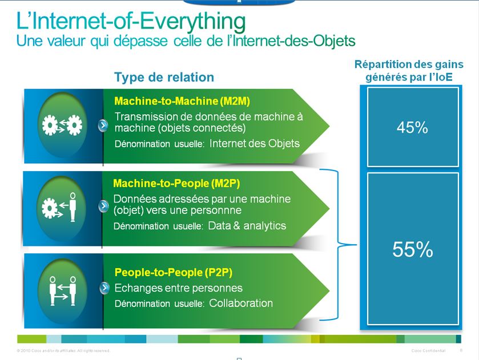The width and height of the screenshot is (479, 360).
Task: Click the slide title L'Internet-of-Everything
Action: [x=131, y=22]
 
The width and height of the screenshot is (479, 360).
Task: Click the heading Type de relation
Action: [x=164, y=77]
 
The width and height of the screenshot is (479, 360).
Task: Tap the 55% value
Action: [x=412, y=249]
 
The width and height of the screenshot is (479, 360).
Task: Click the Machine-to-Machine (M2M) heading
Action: [x=182, y=102]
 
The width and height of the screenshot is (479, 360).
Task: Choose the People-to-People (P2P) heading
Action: [x=173, y=272]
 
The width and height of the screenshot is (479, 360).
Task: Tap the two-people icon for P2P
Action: [x=63, y=289]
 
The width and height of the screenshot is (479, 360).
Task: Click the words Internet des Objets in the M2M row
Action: [x=255, y=143]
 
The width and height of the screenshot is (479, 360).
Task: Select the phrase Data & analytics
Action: [x=247, y=225]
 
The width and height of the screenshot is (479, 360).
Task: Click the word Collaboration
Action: [x=241, y=303]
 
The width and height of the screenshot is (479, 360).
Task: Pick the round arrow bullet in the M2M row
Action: [x=103, y=125]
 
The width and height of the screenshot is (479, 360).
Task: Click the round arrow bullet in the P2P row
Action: [x=103, y=288]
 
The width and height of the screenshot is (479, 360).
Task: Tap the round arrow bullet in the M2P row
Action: [x=103, y=206]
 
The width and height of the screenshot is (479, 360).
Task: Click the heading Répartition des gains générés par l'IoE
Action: [x=409, y=71]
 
